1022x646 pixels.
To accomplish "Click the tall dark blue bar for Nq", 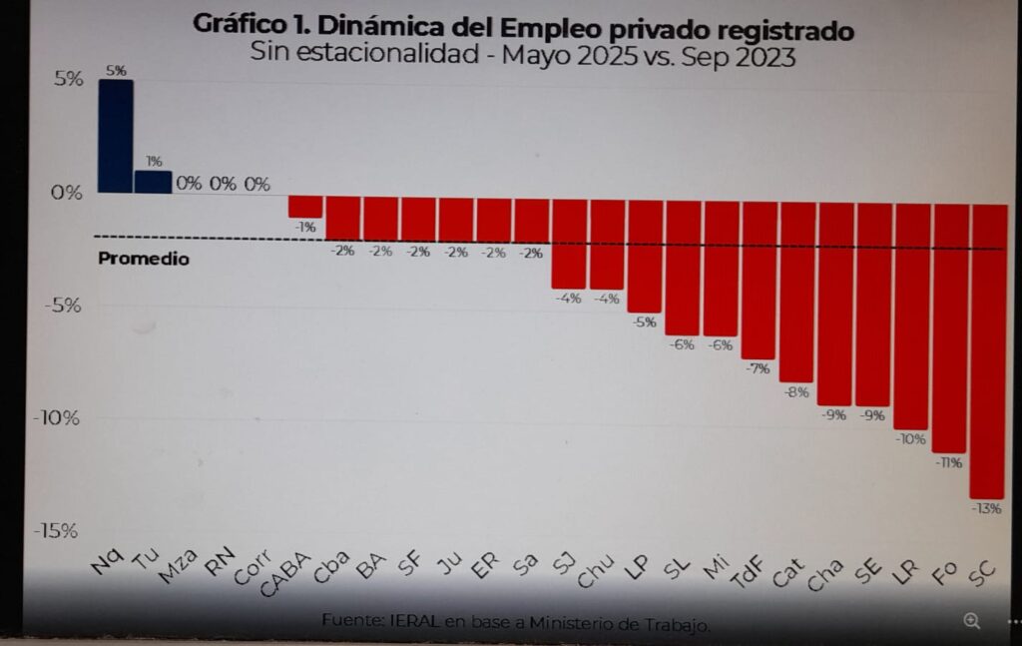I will coord(115,136).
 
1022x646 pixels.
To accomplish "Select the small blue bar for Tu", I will coord(153,181).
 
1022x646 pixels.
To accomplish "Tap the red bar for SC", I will coord(987,349).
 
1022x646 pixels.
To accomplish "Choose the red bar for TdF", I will coord(759,280).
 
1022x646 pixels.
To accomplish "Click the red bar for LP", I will coord(644,257).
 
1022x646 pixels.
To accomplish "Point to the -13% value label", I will coord(987,508).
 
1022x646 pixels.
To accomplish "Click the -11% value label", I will coord(948,462).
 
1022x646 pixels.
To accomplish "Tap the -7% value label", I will coord(759,368).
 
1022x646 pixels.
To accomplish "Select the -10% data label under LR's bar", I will coord(911,438).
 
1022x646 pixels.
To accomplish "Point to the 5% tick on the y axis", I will coord(69,79).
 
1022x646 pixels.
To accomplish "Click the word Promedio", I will coord(144,260).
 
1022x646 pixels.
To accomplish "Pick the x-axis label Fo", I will coord(944,573).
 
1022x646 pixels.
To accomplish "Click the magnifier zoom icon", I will coord(971,620).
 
